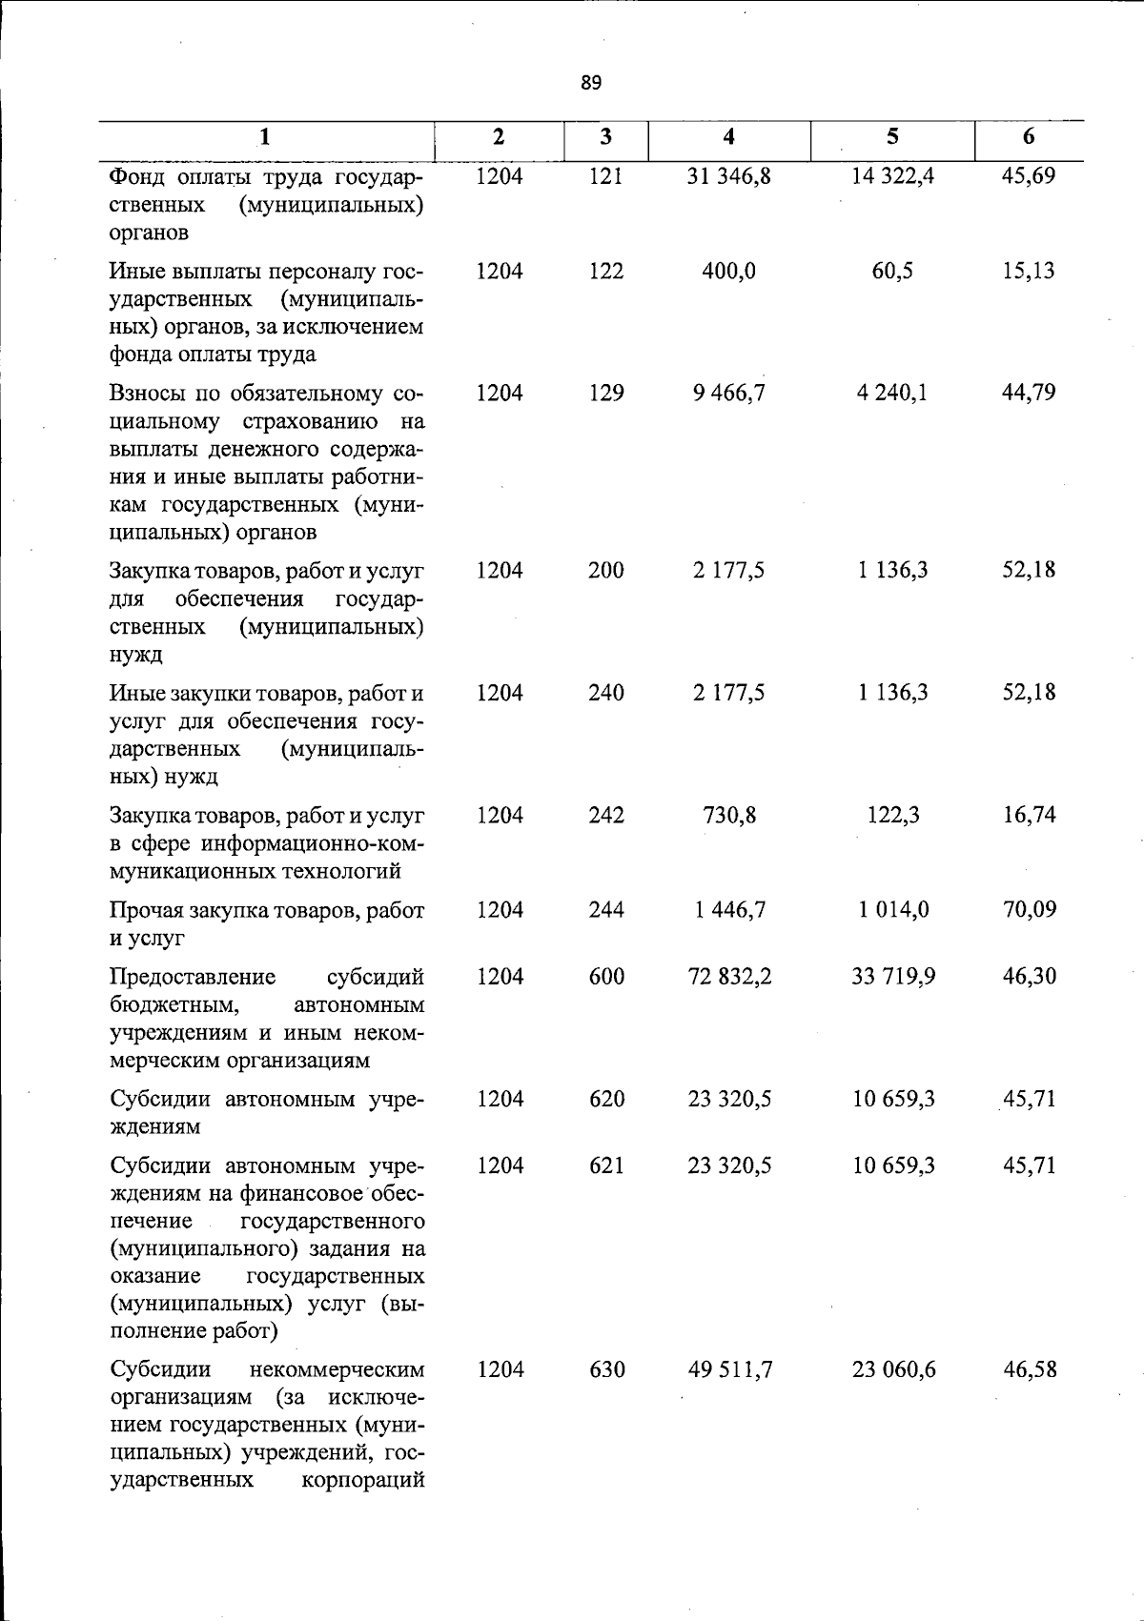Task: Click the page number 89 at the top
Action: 591,83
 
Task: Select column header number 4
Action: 729,136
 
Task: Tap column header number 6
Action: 1029,136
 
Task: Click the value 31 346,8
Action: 729,176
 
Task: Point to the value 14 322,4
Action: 893,176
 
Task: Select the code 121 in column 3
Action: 605,176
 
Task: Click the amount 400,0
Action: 729,272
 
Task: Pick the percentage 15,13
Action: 1029,272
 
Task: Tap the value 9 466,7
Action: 729,393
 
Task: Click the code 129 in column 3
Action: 605,393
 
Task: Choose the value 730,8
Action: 729,816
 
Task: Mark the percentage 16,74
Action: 1029,816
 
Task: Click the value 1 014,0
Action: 893,910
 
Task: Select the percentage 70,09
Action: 1029,910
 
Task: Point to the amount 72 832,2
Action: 729,977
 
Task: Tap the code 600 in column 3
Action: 605,977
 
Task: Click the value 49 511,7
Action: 729,1370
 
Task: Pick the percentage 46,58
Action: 1029,1370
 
